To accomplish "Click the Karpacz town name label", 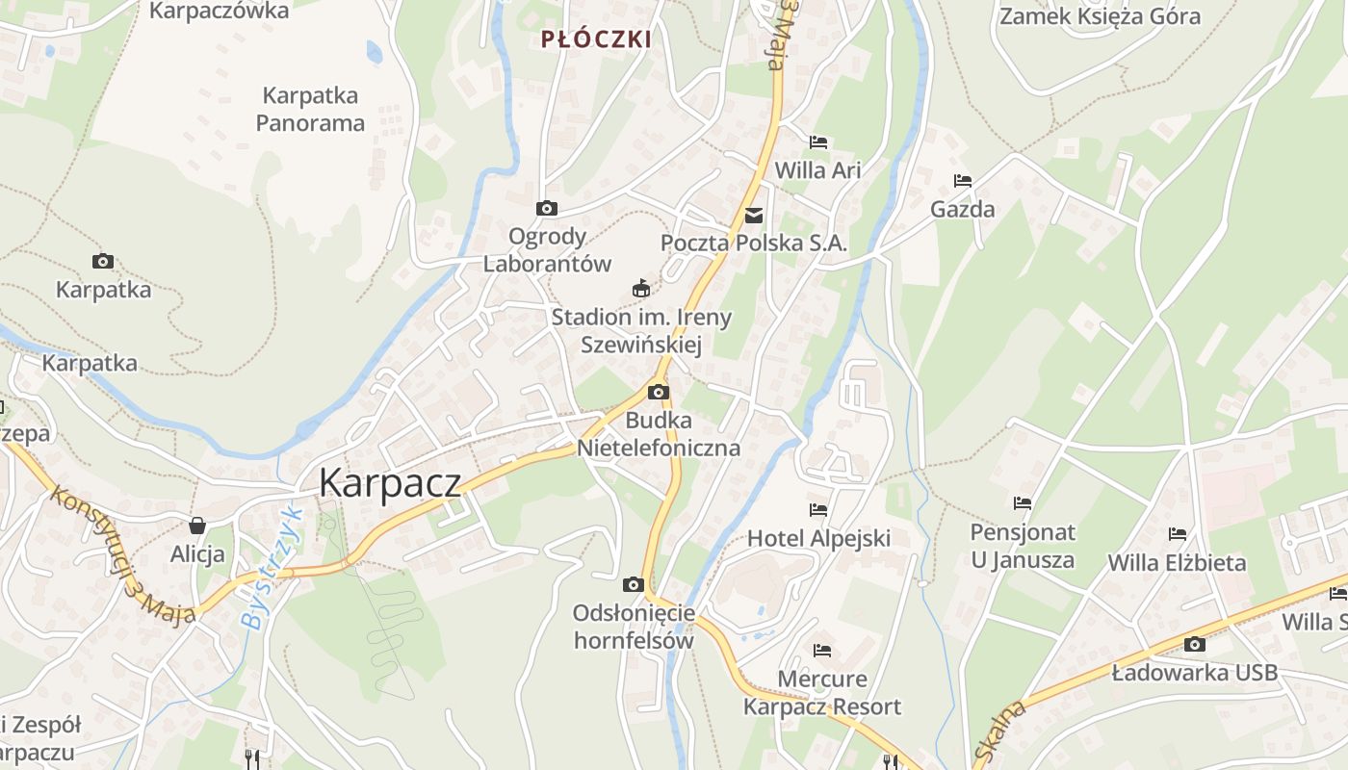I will tap(390, 482).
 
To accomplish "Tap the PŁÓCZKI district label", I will tap(596, 39).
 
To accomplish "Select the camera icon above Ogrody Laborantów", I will tap(546, 208).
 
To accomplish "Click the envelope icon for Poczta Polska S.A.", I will tap(754, 216).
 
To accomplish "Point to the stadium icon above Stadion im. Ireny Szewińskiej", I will tap(640, 288).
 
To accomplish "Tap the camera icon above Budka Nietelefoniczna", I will tap(659, 392).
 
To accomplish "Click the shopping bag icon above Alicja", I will tap(197, 526).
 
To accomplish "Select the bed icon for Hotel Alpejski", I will tap(818, 509).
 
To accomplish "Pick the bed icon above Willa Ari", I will tap(818, 142).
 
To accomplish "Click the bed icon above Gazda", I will tap(963, 180).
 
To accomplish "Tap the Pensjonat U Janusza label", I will tap(1023, 546).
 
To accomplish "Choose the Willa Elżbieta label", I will tap(1177, 562).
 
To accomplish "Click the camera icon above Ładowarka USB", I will tap(1195, 644).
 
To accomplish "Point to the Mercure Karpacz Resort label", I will tap(822, 693).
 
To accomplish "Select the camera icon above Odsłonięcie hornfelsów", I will tap(633, 584).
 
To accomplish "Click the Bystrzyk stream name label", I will tap(272, 567).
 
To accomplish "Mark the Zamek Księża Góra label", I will tap(1100, 16).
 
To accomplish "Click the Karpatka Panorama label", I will tap(310, 109).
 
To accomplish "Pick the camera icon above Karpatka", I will tap(103, 261).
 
